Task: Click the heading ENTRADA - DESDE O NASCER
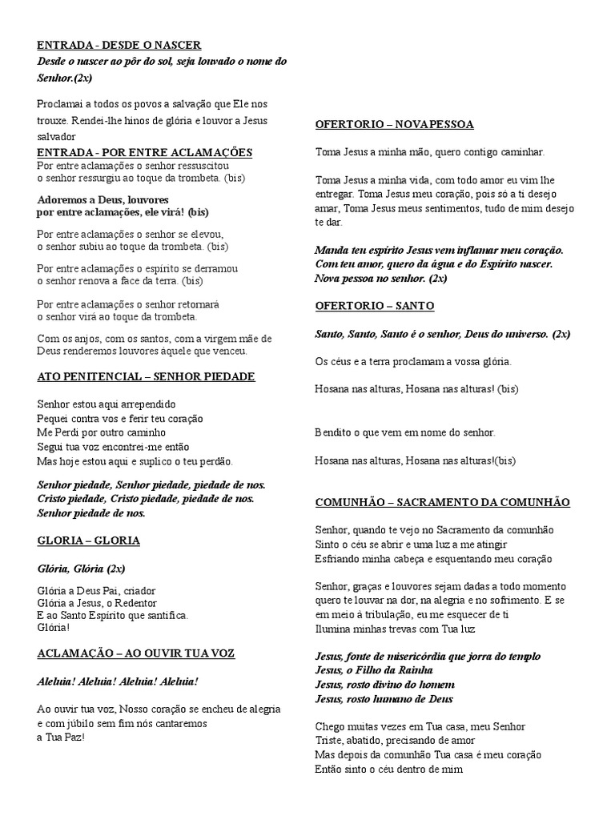(x=119, y=45)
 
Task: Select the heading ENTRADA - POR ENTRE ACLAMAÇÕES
(x=145, y=152)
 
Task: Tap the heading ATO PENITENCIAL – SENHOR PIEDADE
(x=146, y=376)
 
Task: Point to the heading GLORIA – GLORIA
(x=88, y=541)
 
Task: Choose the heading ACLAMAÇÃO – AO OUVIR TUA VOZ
(x=136, y=653)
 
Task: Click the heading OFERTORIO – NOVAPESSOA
(x=394, y=124)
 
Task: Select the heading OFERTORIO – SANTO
(x=375, y=306)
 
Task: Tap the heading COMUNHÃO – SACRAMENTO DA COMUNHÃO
(x=442, y=502)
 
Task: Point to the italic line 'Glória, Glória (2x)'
(x=81, y=569)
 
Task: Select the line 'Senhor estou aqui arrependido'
(x=107, y=404)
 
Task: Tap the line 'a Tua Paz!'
(x=61, y=738)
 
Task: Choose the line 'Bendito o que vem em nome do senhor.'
(x=405, y=432)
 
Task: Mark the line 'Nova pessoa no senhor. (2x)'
(x=381, y=278)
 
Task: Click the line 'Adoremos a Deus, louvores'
(x=103, y=199)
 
